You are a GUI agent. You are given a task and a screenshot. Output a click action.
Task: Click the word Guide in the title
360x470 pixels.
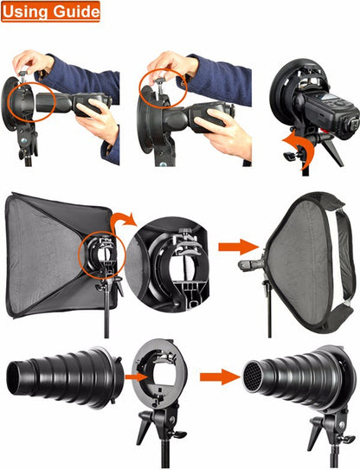tap(76, 12)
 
